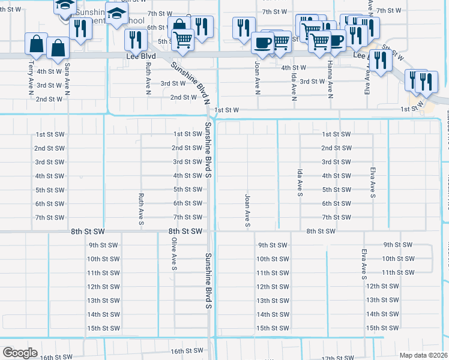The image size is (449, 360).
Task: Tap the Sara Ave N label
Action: pos(67,79)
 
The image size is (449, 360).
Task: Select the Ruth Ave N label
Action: pos(148,78)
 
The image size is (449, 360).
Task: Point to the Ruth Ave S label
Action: pos(141,209)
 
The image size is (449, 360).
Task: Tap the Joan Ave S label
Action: pos(247,211)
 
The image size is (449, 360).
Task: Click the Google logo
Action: pos(20,353)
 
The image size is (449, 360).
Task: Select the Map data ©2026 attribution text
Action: pos(424,355)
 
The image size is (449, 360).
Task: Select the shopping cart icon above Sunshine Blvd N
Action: pos(183,39)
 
